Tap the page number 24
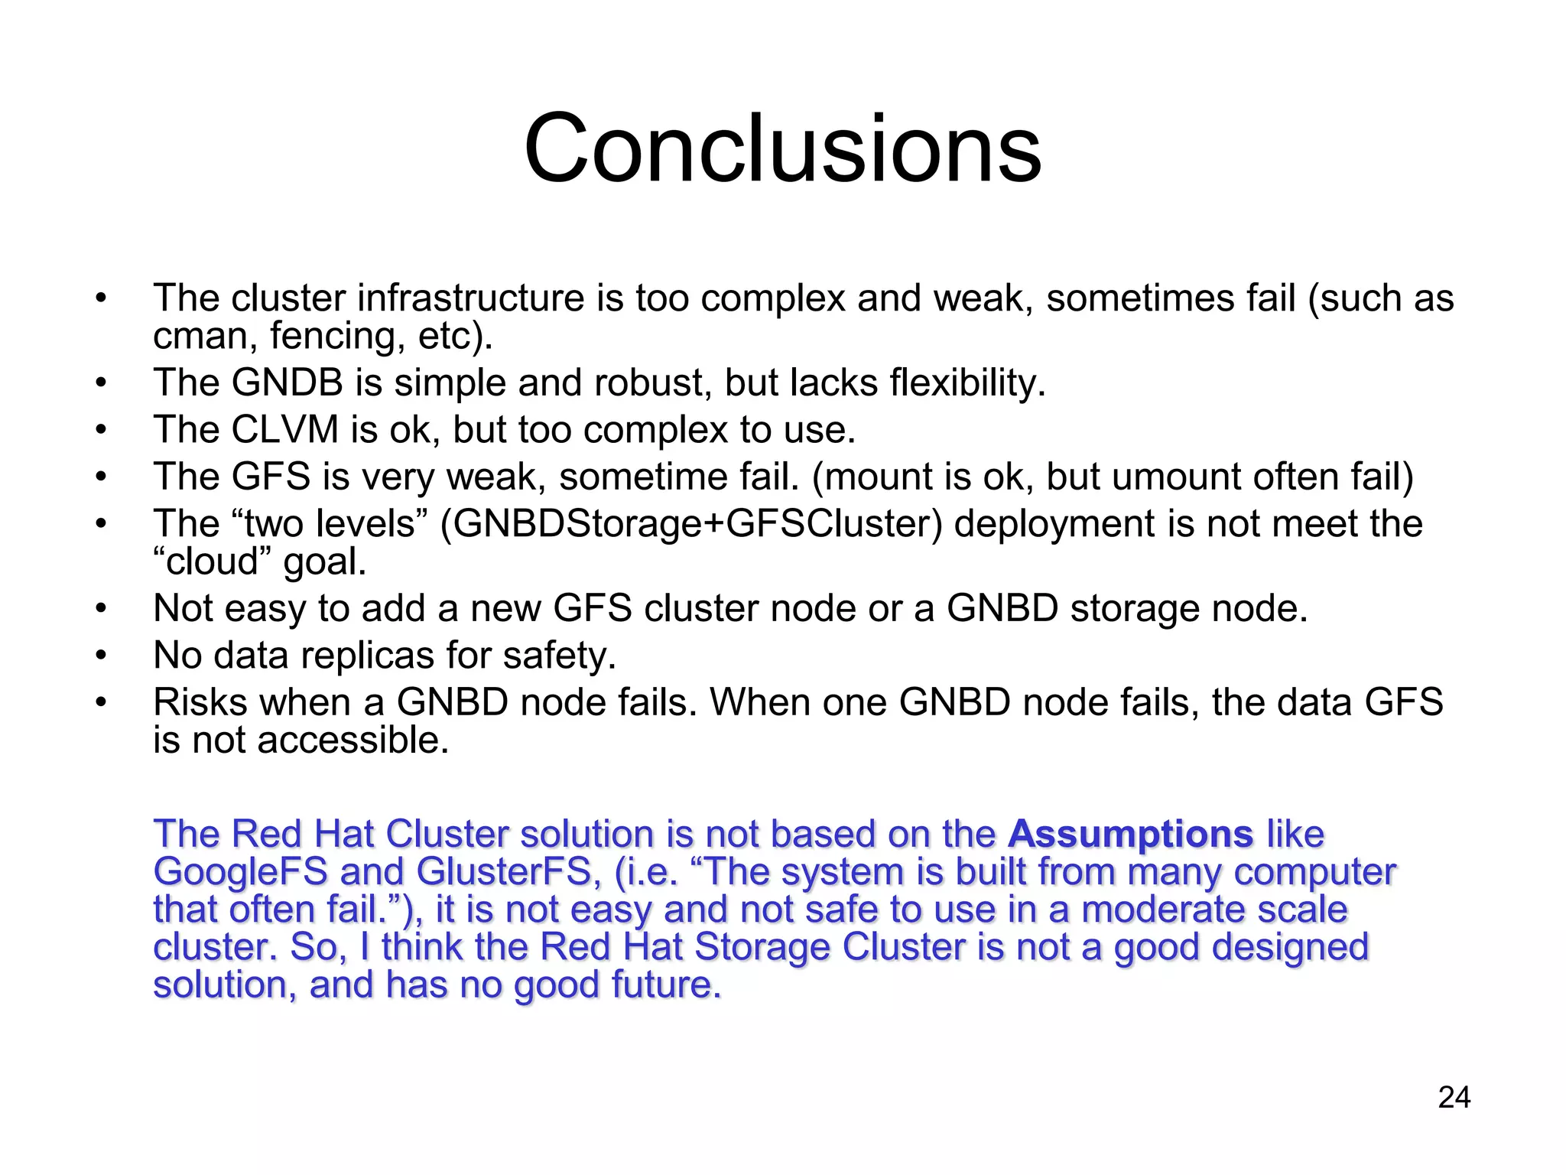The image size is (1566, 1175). tap(1454, 1098)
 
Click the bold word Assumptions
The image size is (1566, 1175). tap(1130, 834)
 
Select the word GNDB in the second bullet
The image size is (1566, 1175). tap(287, 382)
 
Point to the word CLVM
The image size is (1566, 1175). tap(284, 430)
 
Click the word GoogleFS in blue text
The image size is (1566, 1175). tap(240, 872)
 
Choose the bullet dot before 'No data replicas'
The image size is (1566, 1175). tap(101, 656)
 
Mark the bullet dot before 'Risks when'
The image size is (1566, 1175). tap(101, 702)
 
